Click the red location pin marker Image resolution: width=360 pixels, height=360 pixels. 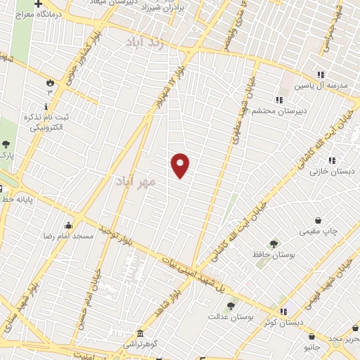pyautogui.click(x=181, y=165)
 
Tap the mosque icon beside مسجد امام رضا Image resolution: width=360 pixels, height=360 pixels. pyautogui.click(x=68, y=226)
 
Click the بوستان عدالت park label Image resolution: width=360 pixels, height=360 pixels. pyautogui.click(x=229, y=316)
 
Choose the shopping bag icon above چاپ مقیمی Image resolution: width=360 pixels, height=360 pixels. pyautogui.click(x=318, y=220)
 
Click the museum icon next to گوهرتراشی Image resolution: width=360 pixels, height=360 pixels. pyautogui.click(x=141, y=333)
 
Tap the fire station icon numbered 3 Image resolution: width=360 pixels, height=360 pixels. pyautogui.click(x=50, y=82)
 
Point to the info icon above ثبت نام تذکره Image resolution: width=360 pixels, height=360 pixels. pyautogui.click(x=46, y=106)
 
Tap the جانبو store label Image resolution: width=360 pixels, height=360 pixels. pyautogui.click(x=312, y=347)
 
